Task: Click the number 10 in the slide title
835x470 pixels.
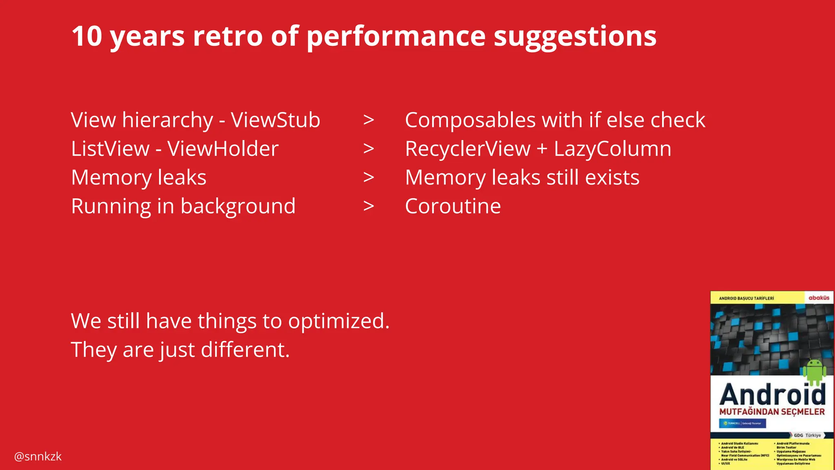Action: pyautogui.click(x=86, y=36)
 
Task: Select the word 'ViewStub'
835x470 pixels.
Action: pyautogui.click(x=276, y=120)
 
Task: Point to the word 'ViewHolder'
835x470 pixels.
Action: pyautogui.click(x=223, y=149)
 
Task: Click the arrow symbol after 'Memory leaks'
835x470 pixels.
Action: pyautogui.click(x=369, y=177)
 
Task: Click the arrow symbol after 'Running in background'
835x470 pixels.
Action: pyautogui.click(x=369, y=206)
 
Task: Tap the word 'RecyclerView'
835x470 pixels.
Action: pyautogui.click(x=468, y=149)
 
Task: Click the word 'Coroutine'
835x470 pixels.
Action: pyautogui.click(x=453, y=206)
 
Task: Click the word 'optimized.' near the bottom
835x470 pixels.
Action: pyautogui.click(x=339, y=321)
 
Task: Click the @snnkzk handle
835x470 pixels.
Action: pyautogui.click(x=38, y=456)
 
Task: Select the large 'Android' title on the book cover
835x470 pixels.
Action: pyautogui.click(x=772, y=395)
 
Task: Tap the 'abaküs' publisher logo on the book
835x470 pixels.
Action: pyautogui.click(x=819, y=298)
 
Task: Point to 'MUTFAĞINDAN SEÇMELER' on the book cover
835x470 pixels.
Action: pyautogui.click(x=772, y=412)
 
